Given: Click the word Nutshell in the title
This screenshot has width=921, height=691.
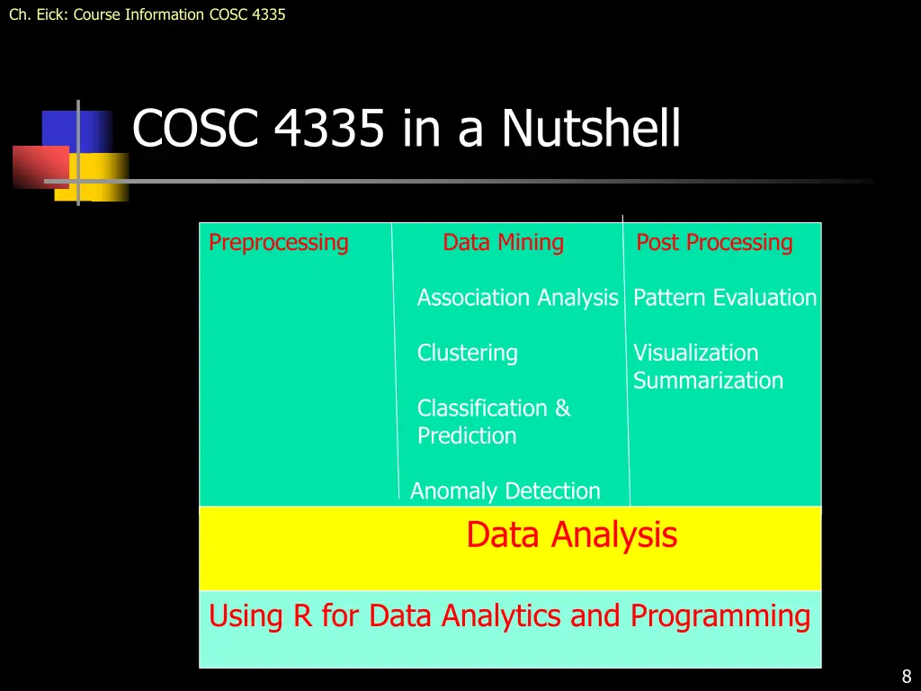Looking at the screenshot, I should (x=590, y=129).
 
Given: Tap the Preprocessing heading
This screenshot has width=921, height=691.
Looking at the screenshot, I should (x=278, y=243).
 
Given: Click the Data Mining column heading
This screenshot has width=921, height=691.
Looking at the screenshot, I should (x=503, y=243).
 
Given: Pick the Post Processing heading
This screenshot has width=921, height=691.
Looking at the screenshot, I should (x=714, y=243).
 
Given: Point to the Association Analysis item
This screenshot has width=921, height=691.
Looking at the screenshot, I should (x=517, y=298).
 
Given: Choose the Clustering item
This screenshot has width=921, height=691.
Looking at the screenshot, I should (x=467, y=353).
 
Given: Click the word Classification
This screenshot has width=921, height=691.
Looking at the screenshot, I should (x=484, y=408).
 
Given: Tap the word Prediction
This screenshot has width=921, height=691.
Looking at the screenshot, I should (x=467, y=436).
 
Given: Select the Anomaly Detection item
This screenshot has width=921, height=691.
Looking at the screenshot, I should (x=505, y=491).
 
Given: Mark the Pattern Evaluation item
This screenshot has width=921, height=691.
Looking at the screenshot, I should (x=725, y=298).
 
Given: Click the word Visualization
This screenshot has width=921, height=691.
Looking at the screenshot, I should (x=695, y=353).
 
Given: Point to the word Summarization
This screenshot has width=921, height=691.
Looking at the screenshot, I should (x=708, y=381).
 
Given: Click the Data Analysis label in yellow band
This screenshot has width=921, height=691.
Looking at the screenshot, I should (x=571, y=535).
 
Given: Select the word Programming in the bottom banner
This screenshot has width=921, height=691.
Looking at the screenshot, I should (x=720, y=616).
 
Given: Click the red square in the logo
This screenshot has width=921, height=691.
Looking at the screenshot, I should (x=40, y=166).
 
